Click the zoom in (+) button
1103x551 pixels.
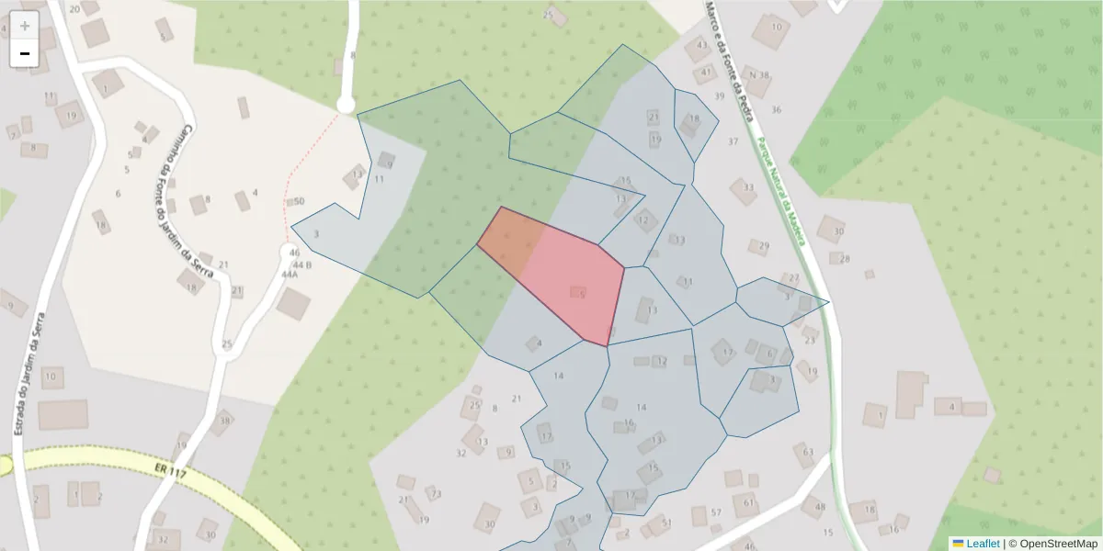pyautogui.click(x=25, y=25)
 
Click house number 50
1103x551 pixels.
pyautogui.click(x=299, y=201)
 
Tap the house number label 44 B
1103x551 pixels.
pyautogui.click(x=302, y=264)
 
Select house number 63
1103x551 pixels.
pyautogui.click(x=808, y=451)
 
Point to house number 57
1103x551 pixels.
pyautogui.click(x=716, y=512)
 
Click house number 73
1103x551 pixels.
pyautogui.click(x=436, y=494)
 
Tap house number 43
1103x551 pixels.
pyautogui.click(x=703, y=45)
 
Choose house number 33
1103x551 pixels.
pyautogui.click(x=748, y=187)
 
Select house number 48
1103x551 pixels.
pyautogui.click(x=820, y=507)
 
